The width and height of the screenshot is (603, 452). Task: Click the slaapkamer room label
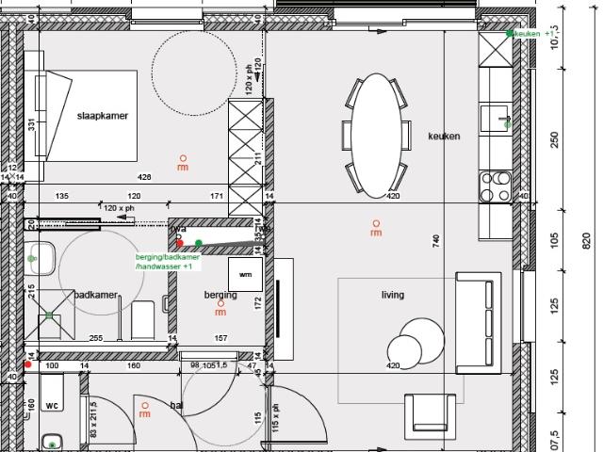(102, 116)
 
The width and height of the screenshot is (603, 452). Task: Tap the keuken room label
(444, 137)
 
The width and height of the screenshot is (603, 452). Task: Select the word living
(392, 295)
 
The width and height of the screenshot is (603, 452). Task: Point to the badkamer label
(96, 295)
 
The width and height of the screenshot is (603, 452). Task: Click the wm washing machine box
(247, 275)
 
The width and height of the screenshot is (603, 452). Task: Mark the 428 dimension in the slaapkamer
(144, 177)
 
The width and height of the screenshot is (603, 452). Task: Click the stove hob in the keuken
(495, 186)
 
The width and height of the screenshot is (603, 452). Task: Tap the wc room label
(53, 406)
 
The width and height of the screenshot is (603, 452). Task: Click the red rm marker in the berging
(220, 308)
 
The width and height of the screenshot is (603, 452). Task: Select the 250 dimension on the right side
(554, 138)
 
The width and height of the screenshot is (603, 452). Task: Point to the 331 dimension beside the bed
(31, 123)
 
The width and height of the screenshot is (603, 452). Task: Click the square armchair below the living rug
(434, 418)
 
